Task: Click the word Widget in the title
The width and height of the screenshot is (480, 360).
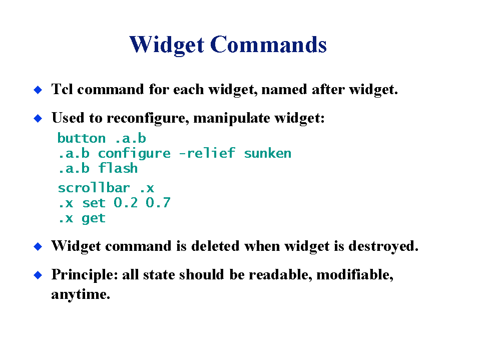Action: [x=167, y=45]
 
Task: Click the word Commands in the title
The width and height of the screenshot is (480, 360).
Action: [x=268, y=45]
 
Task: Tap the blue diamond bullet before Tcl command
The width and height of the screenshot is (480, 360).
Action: [x=38, y=90]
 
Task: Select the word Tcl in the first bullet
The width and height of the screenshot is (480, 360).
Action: [x=62, y=89]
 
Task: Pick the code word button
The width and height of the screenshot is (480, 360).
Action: [x=82, y=138]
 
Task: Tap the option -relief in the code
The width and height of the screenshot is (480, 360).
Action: [x=207, y=153]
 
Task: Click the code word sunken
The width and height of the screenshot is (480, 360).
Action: [x=268, y=154]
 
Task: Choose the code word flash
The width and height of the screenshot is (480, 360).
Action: [x=118, y=168]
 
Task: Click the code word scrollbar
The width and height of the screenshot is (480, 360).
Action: [x=94, y=188]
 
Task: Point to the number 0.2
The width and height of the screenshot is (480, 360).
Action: [x=126, y=203]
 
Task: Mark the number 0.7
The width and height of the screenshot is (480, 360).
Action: [x=158, y=203]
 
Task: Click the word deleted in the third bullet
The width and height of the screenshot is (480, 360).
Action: [x=215, y=246]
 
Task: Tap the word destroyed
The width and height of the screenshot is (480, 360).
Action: [x=383, y=246]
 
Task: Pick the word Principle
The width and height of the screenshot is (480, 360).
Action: [x=85, y=274]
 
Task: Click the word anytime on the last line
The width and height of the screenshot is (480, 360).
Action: [x=81, y=294]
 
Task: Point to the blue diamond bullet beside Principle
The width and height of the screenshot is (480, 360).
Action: [x=38, y=275]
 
